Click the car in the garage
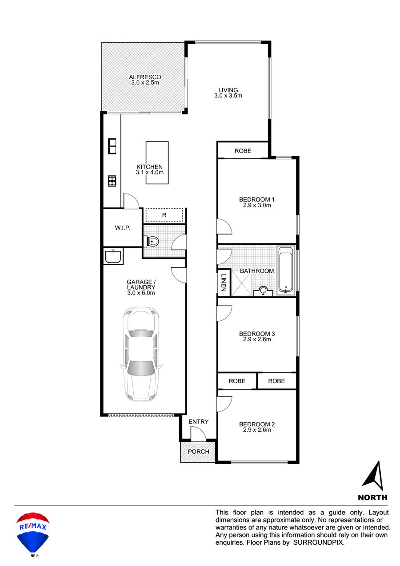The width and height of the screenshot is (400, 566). click(141, 354)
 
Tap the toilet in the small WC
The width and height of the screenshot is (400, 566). click(152, 241)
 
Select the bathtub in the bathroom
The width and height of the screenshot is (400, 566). click(286, 271)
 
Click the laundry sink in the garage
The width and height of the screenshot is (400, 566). click(113, 256)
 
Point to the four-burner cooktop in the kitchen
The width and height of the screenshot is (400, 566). click(112, 181)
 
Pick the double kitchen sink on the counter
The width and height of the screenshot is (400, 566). click(112, 146)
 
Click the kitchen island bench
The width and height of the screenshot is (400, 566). click(157, 162)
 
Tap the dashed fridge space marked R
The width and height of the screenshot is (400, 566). click(164, 215)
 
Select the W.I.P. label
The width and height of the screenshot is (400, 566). click(122, 228)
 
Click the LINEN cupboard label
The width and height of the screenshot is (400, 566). click(224, 283)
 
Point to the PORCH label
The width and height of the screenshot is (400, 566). click(199, 452)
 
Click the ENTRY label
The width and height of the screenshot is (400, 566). click(199, 421)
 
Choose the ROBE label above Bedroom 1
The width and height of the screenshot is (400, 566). click(243, 151)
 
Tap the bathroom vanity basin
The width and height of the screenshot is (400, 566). click(263, 291)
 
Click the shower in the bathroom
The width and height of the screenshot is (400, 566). click(241, 283)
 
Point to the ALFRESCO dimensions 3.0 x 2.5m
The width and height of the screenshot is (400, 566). click(145, 83)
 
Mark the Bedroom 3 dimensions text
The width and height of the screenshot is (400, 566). click(257, 340)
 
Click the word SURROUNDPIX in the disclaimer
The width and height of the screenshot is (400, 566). click(319, 542)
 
